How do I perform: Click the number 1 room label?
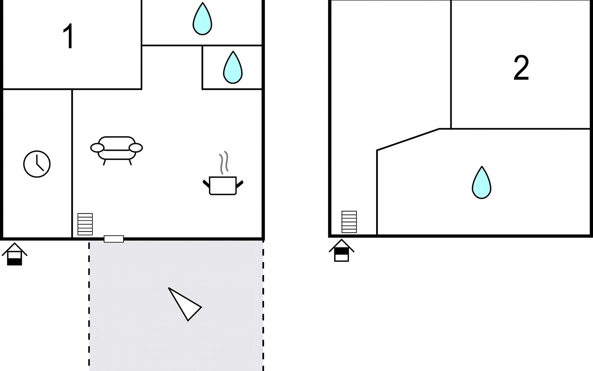[x=68, y=36]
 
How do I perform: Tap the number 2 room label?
[x=521, y=68]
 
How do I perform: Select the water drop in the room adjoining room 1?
[x=202, y=19]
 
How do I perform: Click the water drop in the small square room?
[x=233, y=68]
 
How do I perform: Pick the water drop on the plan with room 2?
[x=481, y=183]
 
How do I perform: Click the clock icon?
[x=37, y=164]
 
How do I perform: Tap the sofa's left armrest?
[x=97, y=148]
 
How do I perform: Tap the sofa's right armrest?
[x=136, y=148]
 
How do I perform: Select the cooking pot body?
[x=223, y=185]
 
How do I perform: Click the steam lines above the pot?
[x=224, y=163]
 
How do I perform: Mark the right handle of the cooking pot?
[x=240, y=184]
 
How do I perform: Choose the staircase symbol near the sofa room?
[x=85, y=224]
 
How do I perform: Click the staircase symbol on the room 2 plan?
[x=349, y=222]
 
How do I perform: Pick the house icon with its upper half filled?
[x=341, y=251]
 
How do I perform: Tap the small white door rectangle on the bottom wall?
[x=114, y=239]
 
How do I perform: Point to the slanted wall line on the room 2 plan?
[x=408, y=139]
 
